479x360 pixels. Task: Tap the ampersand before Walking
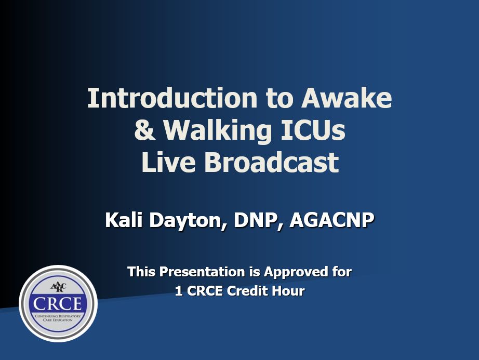click(144, 130)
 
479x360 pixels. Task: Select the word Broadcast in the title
click(271, 163)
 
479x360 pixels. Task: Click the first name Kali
click(125, 220)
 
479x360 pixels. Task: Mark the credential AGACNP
click(331, 220)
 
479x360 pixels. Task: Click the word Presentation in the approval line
click(196, 272)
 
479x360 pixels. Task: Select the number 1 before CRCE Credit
click(178, 291)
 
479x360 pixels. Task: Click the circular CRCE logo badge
click(58, 303)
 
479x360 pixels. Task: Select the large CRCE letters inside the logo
click(58, 303)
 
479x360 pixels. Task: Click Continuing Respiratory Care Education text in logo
click(58, 318)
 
